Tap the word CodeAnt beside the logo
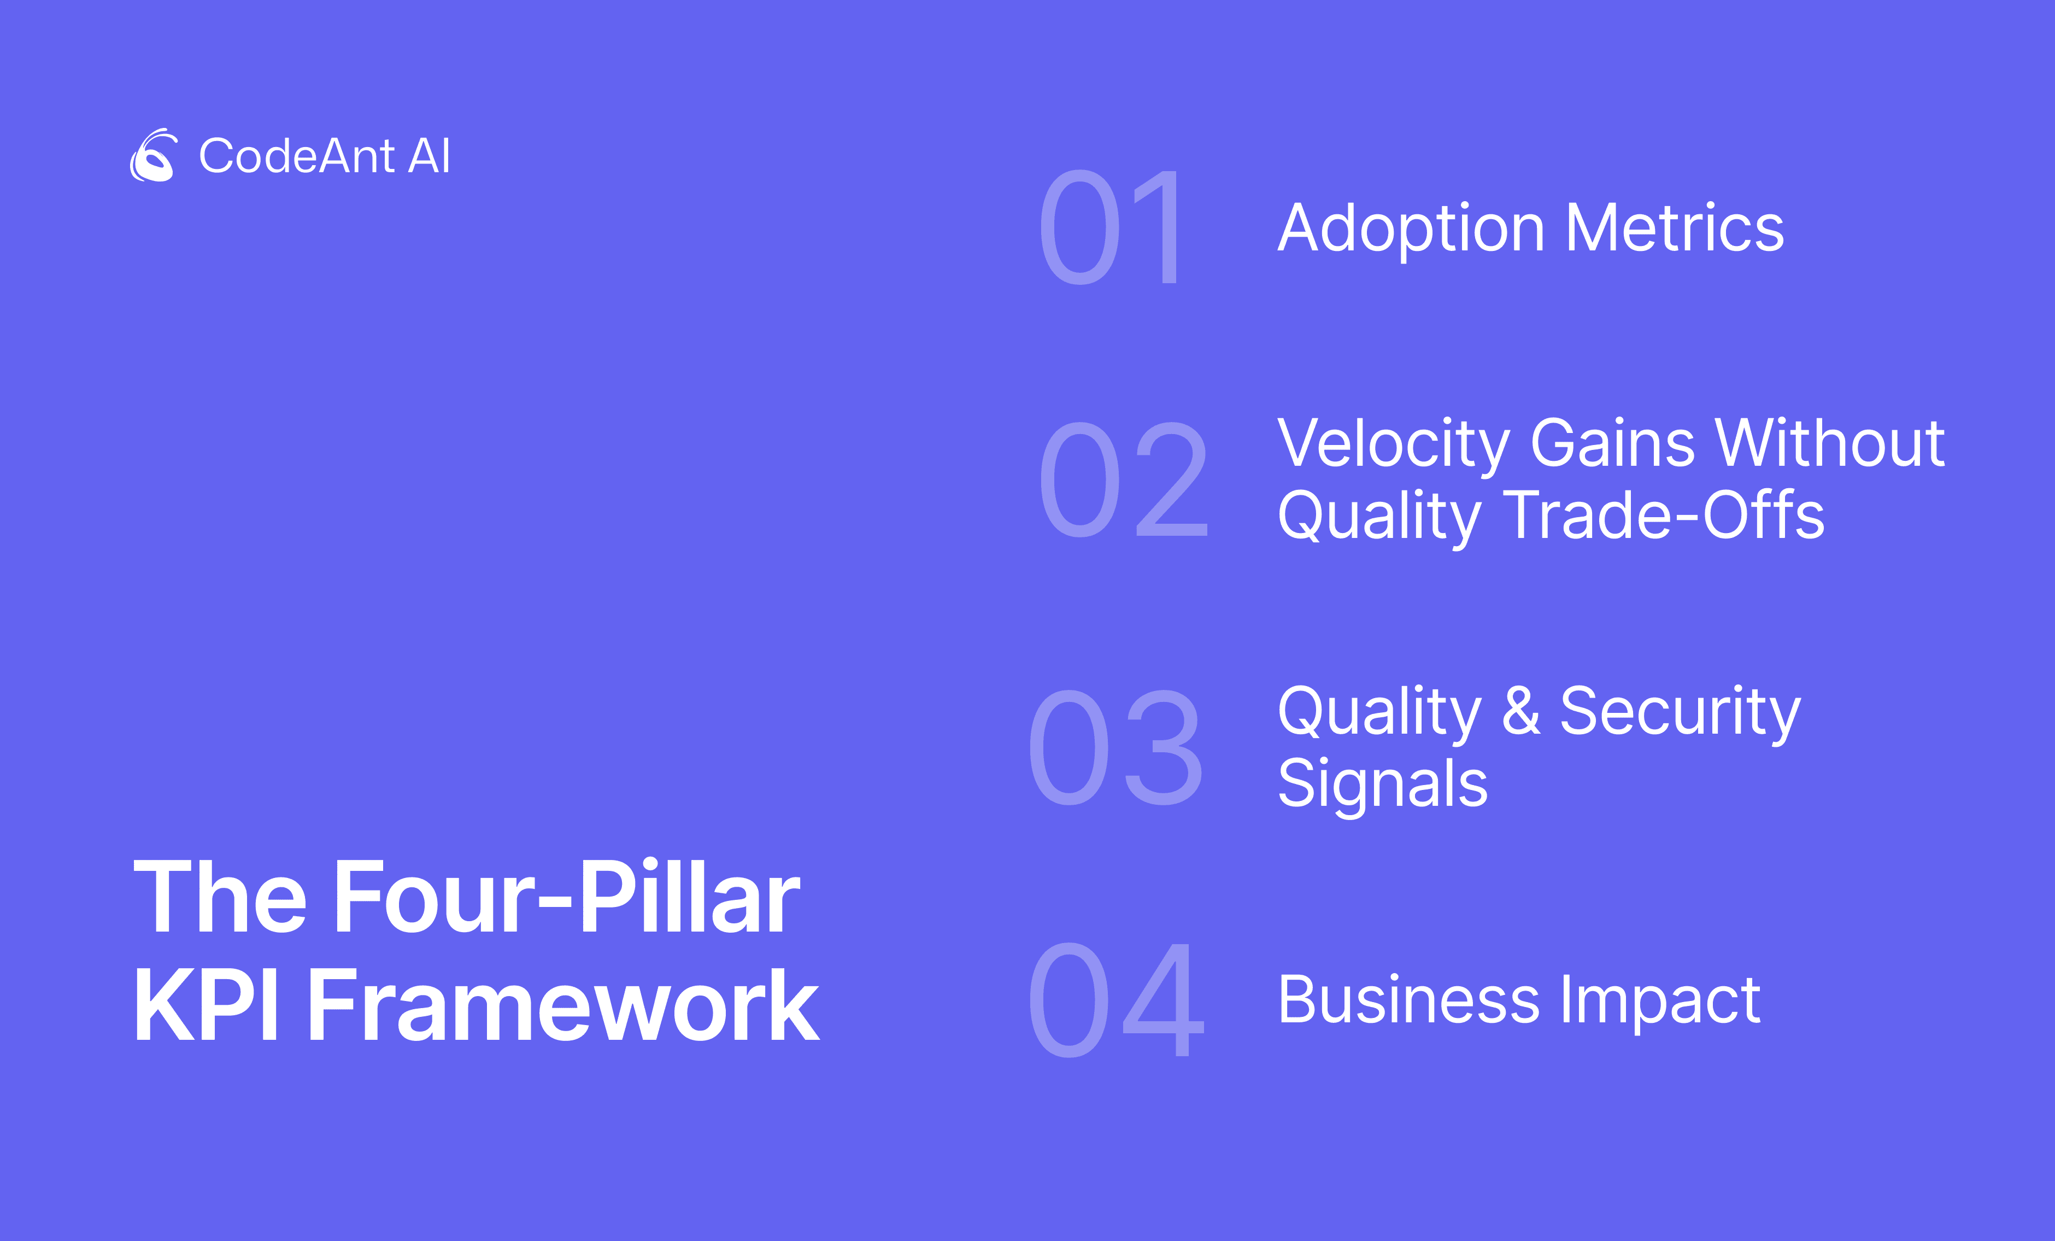click(x=297, y=156)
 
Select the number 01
click(x=1109, y=227)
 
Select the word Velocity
click(x=1394, y=446)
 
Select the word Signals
click(x=1383, y=787)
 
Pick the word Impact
click(x=1660, y=1003)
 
